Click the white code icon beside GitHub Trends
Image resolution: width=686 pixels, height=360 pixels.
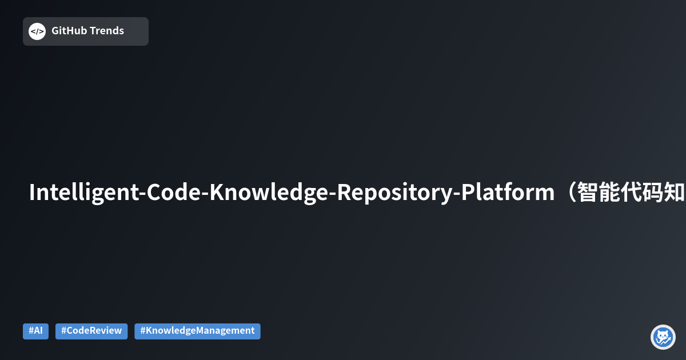pos(37,31)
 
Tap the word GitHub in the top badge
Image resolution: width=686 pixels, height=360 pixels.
pos(69,31)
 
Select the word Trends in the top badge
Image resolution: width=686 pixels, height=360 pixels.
pos(106,31)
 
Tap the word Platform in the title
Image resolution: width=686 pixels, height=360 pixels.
pos(508,193)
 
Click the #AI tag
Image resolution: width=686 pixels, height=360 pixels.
pos(35,331)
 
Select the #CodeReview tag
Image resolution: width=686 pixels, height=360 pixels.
pos(91,331)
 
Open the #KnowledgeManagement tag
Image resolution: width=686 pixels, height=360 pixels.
pos(197,331)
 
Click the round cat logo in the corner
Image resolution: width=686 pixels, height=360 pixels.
pos(663,337)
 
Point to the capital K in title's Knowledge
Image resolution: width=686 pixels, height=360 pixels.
pos(216,193)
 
